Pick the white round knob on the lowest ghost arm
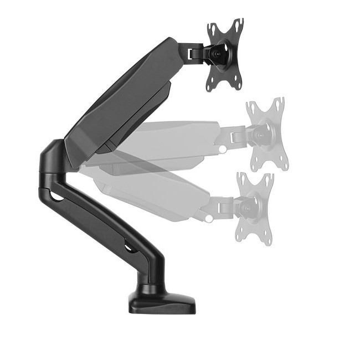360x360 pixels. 209,218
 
